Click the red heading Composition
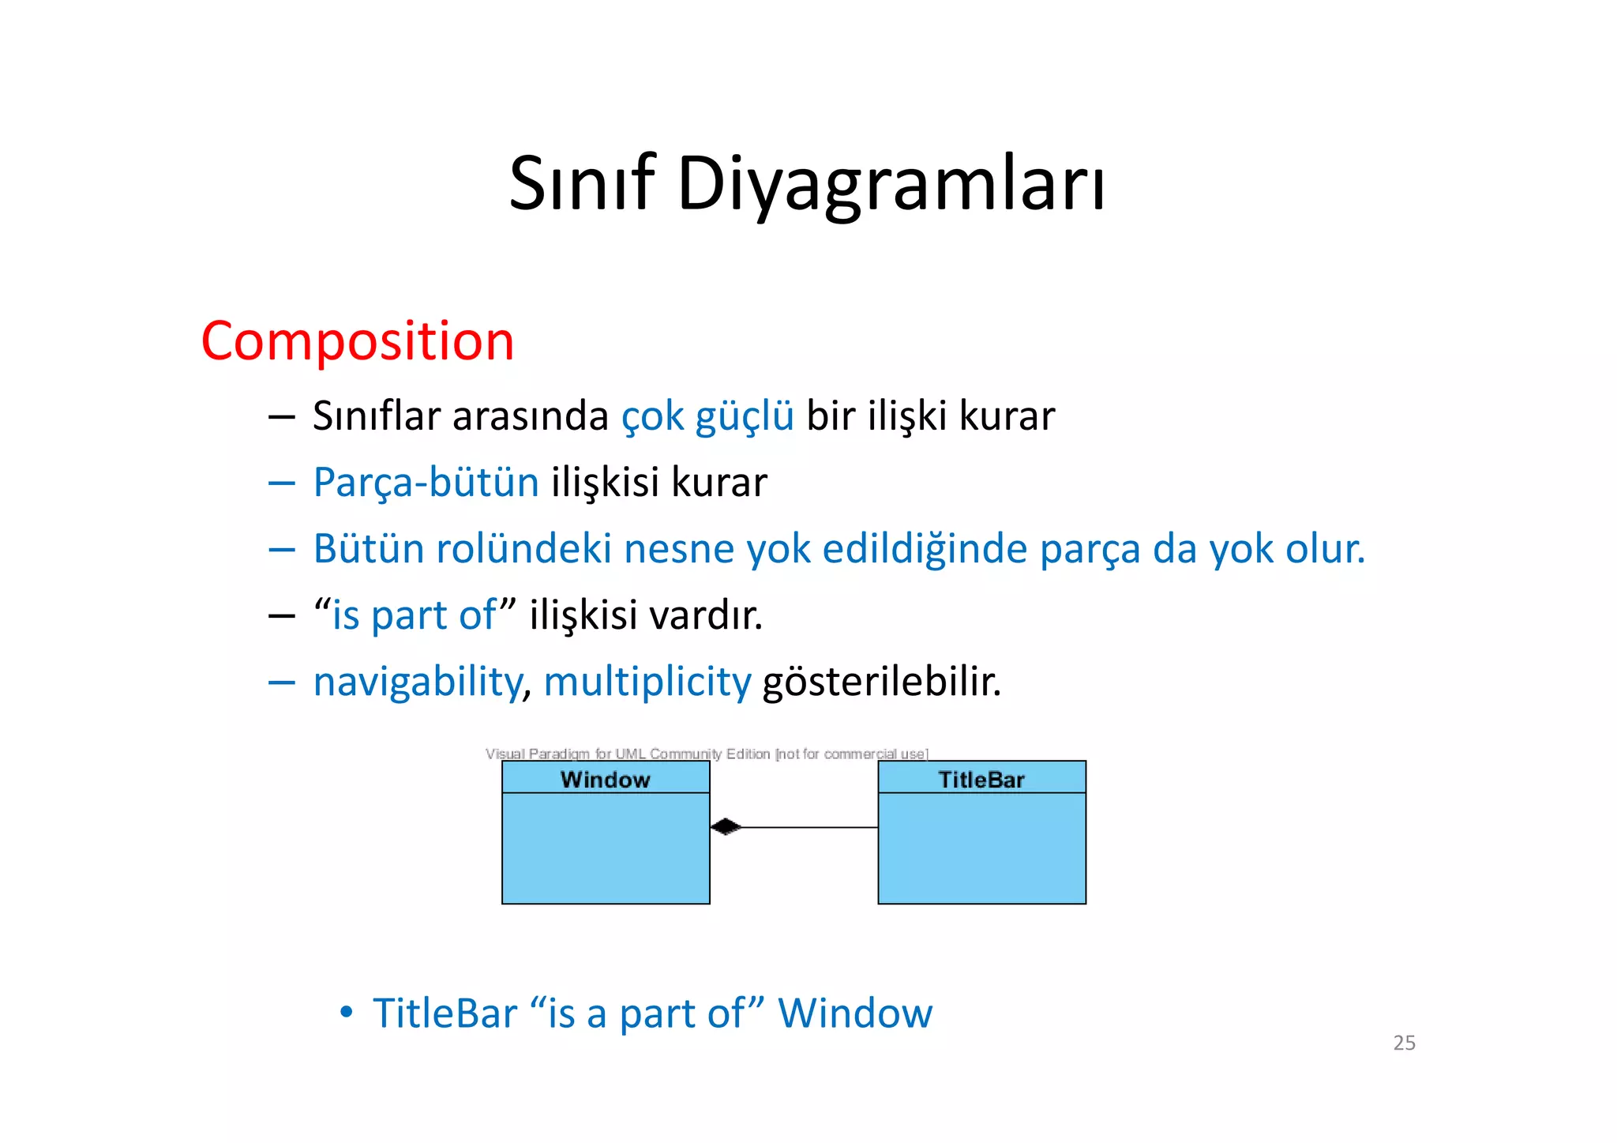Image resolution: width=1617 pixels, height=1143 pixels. [357, 341]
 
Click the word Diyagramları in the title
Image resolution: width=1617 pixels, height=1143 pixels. [891, 183]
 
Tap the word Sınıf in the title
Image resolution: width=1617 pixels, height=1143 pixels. [582, 183]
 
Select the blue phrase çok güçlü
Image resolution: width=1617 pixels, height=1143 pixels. [707, 416]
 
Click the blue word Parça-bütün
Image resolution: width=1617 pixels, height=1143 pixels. [426, 483]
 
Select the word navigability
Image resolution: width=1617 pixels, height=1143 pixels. [418, 682]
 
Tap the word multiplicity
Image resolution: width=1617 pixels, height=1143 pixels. [647, 682]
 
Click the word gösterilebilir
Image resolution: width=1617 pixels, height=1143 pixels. [881, 682]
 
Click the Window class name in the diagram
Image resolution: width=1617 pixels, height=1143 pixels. [605, 779]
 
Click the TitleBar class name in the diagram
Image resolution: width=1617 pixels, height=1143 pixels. [981, 779]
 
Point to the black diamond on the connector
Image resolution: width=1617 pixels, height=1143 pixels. [725, 827]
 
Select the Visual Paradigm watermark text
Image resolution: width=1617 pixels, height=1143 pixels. [706, 754]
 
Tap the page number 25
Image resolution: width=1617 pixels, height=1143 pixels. [1404, 1043]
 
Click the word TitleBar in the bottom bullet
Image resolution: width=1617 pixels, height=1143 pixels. [445, 1013]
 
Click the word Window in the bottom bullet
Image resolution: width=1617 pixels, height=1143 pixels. [854, 1013]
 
